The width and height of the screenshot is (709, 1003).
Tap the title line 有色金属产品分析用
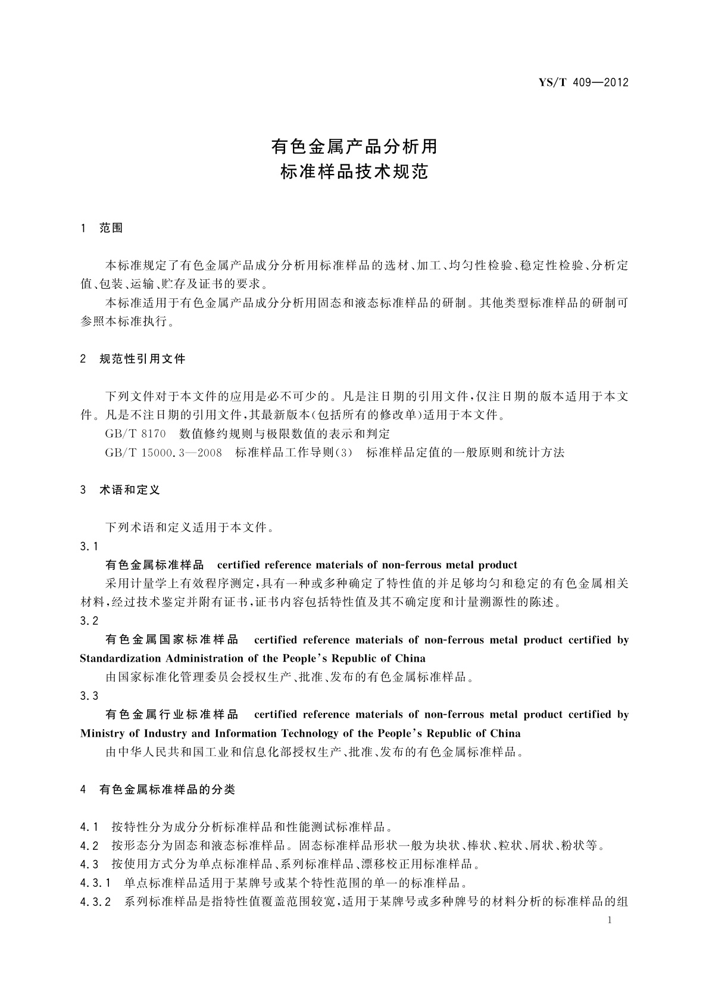(354, 145)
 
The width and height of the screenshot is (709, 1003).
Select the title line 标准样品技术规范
(354, 173)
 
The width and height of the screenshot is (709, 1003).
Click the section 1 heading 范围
(111, 228)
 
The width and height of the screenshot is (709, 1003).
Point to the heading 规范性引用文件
(142, 359)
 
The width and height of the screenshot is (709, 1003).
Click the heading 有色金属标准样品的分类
(167, 790)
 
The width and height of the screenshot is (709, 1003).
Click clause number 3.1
(89, 546)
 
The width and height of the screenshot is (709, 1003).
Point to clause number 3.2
(89, 621)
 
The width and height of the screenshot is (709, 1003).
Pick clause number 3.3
(89, 696)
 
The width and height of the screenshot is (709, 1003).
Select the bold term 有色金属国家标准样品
(171, 640)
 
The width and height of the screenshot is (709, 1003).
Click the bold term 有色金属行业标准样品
(171, 714)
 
